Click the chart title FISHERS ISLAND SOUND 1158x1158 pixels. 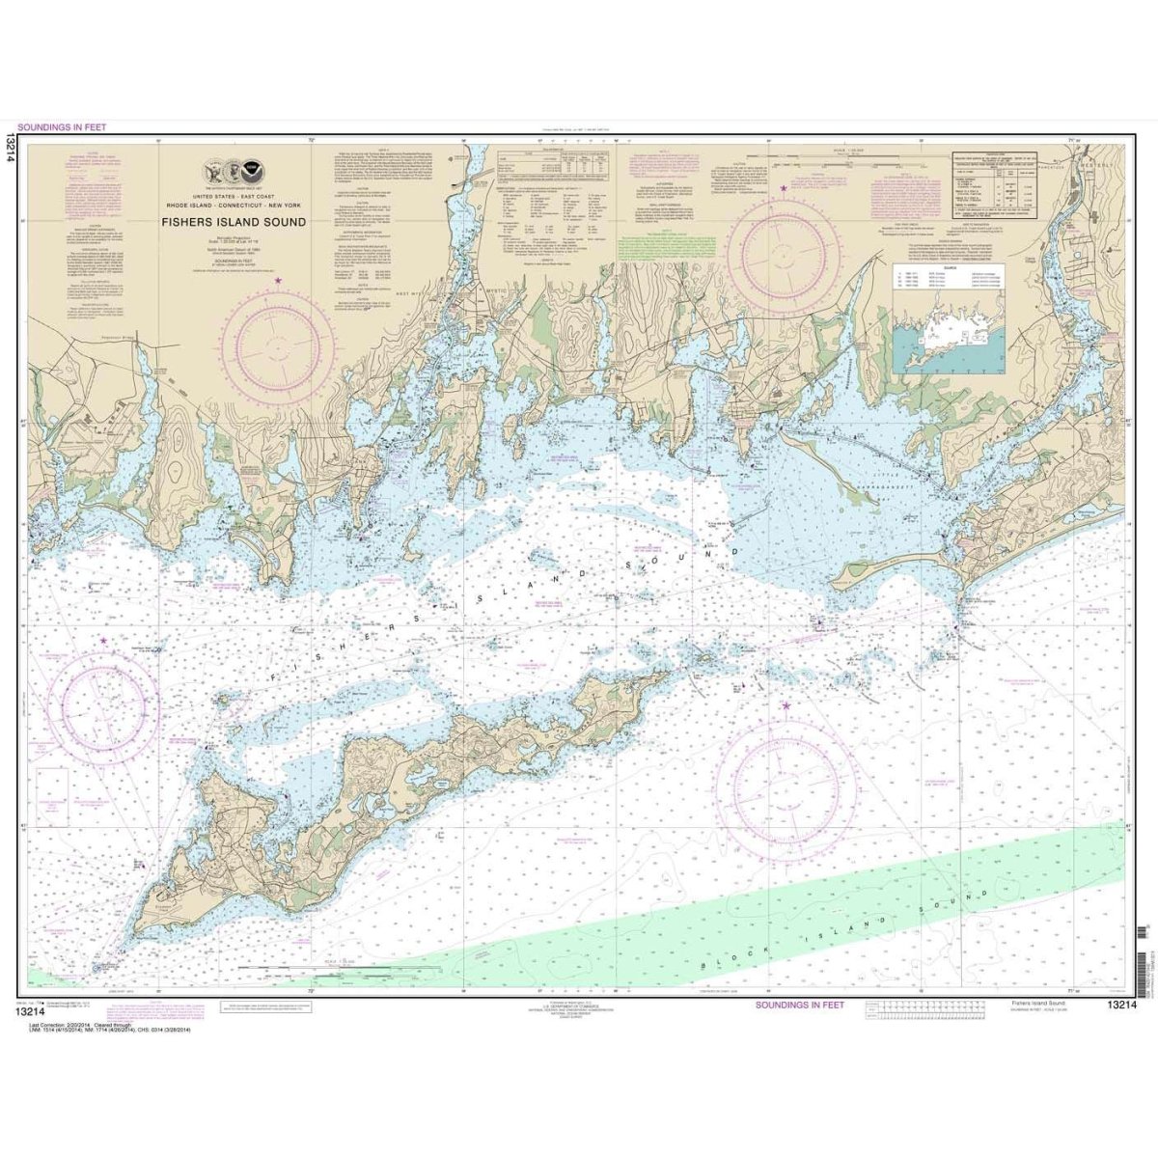point(234,222)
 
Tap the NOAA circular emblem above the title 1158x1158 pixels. point(253,173)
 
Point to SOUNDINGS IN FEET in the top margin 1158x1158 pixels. point(62,126)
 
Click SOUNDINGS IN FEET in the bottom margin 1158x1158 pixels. point(799,1005)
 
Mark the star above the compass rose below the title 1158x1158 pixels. point(279,281)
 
